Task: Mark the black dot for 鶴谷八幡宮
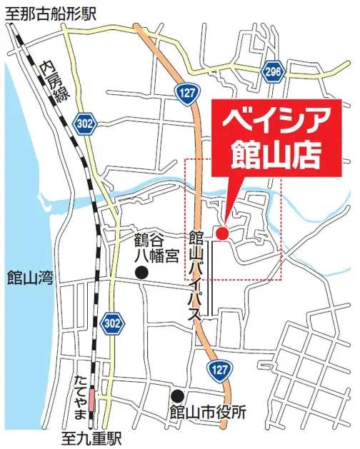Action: (x=142, y=272)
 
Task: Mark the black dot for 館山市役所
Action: (x=176, y=395)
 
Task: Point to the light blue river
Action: (x=143, y=186)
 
